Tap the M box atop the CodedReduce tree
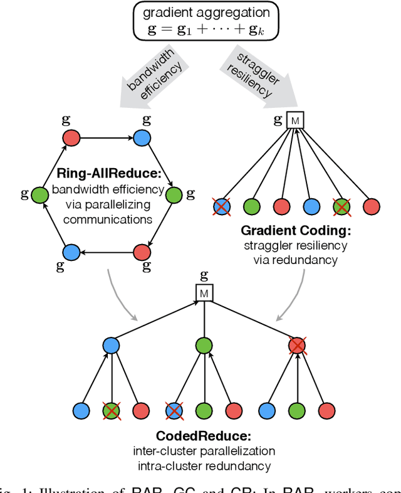[204, 292]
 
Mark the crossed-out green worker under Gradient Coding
[342, 206]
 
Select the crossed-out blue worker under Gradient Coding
[221, 206]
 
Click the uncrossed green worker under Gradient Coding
[251, 206]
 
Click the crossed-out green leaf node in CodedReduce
[112, 410]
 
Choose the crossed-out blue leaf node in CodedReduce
[173, 410]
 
